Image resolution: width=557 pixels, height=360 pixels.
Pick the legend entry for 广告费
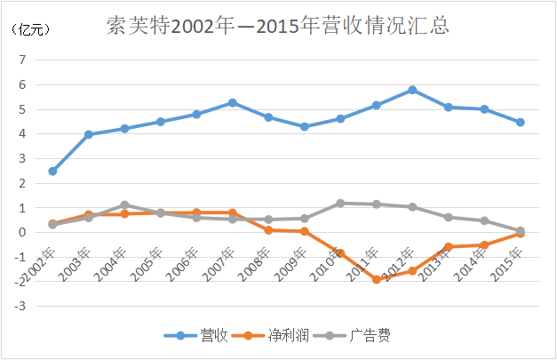[367, 336]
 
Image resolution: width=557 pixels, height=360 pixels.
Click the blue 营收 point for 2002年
[52, 171]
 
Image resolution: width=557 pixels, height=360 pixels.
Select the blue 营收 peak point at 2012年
[412, 90]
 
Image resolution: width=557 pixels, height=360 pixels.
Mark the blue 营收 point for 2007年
[232, 103]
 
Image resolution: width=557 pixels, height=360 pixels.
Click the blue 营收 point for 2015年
[520, 123]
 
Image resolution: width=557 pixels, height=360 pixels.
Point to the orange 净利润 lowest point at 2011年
[376, 279]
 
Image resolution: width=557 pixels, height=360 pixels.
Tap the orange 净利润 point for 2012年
[412, 271]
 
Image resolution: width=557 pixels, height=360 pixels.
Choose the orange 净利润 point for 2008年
[268, 230]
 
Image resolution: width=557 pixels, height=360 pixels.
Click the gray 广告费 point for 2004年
[124, 205]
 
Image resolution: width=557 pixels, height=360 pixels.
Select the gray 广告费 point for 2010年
[340, 204]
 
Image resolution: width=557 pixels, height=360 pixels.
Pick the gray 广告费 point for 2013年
[448, 217]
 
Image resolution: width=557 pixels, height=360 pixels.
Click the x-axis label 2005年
[149, 261]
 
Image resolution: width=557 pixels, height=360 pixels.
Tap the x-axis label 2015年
[509, 261]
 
